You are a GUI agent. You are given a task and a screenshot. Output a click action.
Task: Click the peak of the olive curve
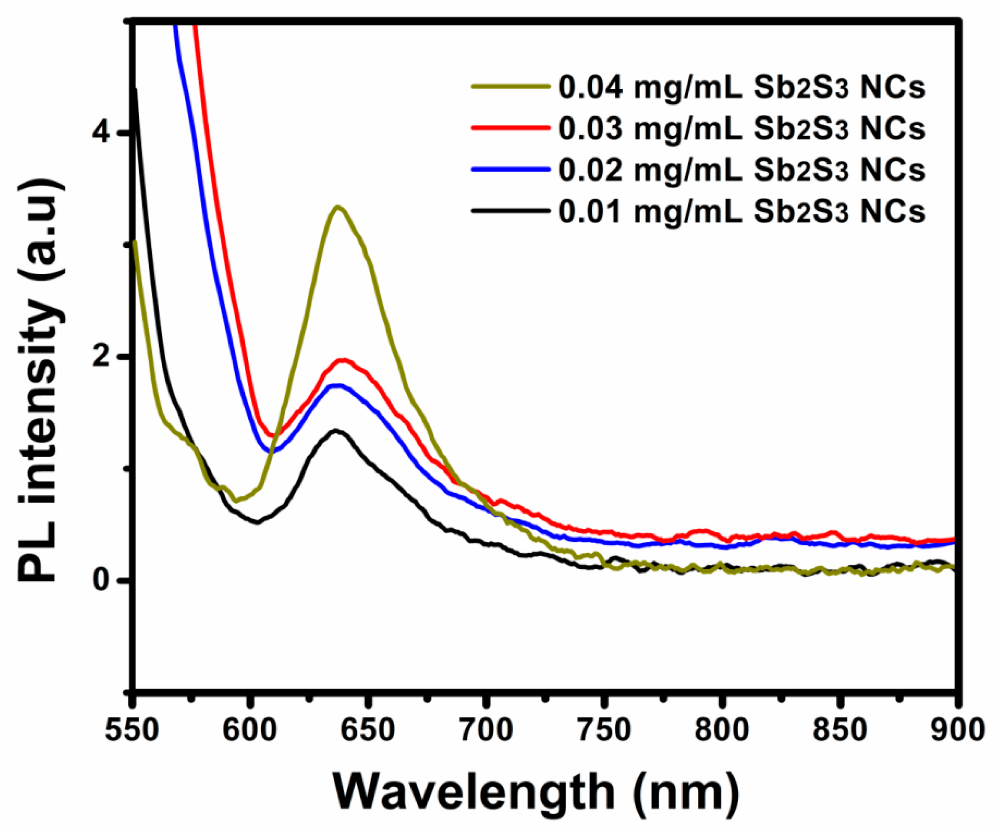338,207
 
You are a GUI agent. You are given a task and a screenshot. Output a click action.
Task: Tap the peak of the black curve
336,430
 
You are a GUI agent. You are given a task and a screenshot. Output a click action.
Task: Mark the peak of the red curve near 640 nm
343,360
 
